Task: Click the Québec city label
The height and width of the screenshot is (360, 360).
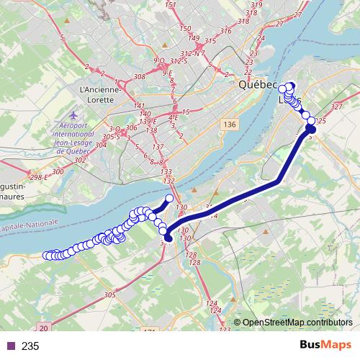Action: coord(258,85)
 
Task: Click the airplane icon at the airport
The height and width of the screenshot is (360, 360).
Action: coord(74,114)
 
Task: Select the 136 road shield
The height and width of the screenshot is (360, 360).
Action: coord(229,125)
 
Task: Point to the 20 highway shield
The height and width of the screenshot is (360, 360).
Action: coord(45,328)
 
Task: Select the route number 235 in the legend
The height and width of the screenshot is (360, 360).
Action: coord(30,346)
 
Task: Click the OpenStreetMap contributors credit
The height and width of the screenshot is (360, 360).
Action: coord(298,322)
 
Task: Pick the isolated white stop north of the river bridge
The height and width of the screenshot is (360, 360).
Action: coord(170,198)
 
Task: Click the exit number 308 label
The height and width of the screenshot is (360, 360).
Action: coord(140,76)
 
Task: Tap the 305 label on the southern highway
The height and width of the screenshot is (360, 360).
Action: coord(109,294)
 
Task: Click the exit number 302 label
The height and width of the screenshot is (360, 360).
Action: coord(79,160)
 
